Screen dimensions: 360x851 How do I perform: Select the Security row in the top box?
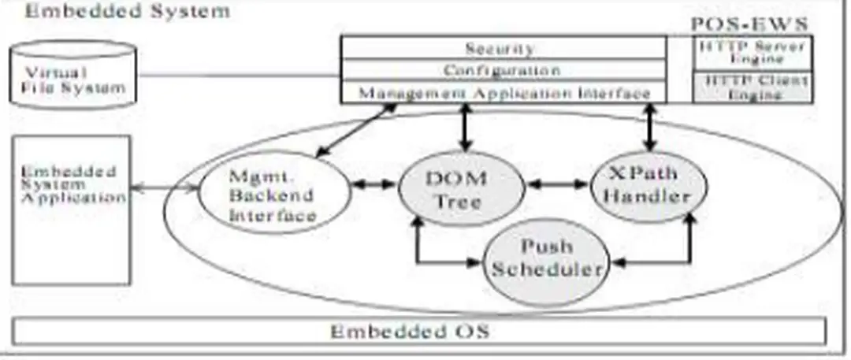[500, 48]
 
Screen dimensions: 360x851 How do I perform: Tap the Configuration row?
[500, 70]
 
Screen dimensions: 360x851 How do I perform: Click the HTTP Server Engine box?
[753, 53]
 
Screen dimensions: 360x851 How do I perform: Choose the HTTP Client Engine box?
[753, 87]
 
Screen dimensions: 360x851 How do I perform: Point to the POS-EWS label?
[749, 24]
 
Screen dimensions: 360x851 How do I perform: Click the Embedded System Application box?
[71, 210]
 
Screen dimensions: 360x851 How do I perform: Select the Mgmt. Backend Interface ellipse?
[271, 194]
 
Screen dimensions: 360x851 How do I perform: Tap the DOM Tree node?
[462, 189]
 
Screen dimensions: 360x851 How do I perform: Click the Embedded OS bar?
[418, 331]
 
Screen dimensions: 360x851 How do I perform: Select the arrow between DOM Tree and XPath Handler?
[559, 184]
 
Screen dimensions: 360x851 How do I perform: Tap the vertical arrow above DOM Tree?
[465, 126]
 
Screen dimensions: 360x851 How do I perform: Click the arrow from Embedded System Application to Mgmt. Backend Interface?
[162, 188]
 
